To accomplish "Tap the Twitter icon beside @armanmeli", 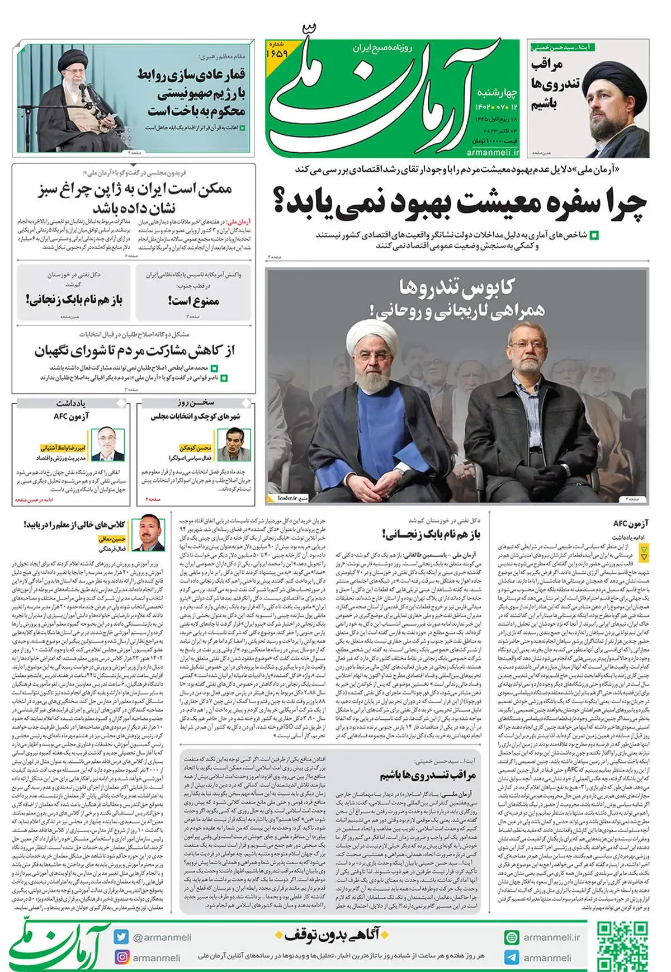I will (121, 937).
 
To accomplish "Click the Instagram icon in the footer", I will (121, 957).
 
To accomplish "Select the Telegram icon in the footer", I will (511, 957).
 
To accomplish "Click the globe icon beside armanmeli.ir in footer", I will (511, 937).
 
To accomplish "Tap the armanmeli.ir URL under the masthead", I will (493, 152).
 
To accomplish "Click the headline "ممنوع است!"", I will (193, 301).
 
